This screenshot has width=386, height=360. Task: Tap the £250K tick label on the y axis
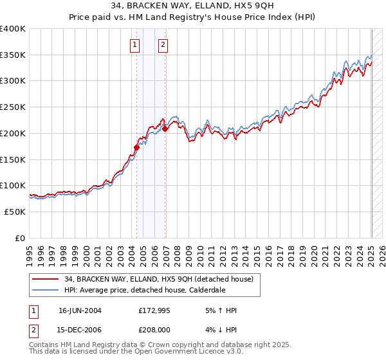click(13, 107)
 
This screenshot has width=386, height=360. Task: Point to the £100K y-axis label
click(13, 185)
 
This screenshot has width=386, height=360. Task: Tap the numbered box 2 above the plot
click(163, 44)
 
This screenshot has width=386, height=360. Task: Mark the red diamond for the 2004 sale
click(136, 147)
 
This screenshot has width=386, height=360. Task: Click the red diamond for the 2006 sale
click(165, 129)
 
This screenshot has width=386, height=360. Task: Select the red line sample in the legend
click(46, 279)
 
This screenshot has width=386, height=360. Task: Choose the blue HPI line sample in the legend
click(46, 290)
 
